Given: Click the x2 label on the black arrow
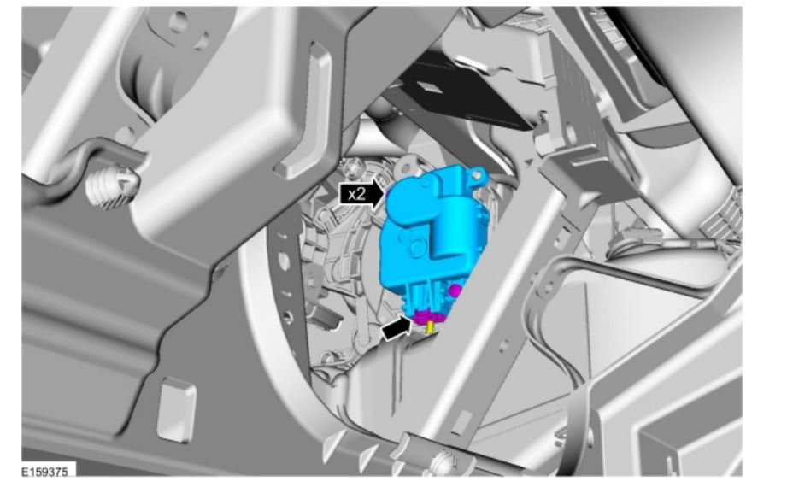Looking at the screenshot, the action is [356, 194].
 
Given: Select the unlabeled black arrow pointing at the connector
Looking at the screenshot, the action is [396, 328].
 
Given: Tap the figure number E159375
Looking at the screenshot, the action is [44, 472].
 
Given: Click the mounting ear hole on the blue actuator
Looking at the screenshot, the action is [476, 175].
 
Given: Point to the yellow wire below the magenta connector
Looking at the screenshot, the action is [430, 328].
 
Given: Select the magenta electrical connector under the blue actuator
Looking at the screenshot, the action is [429, 316].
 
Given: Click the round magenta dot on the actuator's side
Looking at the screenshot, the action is [455, 291].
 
